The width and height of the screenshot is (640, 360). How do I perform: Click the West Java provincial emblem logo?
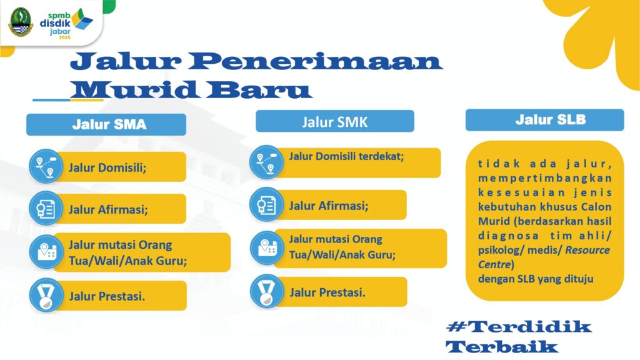tap(21, 22)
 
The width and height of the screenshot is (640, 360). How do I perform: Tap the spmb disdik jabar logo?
tap(66, 24)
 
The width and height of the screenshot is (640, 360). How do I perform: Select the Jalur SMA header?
tap(106, 124)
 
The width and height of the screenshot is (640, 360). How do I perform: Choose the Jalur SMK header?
tap(335, 122)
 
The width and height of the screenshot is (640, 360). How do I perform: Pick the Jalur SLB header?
tap(544, 120)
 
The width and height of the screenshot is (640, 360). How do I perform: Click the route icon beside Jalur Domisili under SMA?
tap(46, 166)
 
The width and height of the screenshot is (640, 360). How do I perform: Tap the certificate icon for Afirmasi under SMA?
tap(46, 209)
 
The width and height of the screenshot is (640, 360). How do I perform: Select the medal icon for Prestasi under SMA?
tap(46, 295)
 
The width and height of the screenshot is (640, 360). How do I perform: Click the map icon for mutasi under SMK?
tap(266, 247)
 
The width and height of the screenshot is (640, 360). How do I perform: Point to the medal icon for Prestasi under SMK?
tap(267, 291)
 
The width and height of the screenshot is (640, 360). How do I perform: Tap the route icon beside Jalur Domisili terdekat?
tap(266, 162)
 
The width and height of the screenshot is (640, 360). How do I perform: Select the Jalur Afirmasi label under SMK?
tap(329, 206)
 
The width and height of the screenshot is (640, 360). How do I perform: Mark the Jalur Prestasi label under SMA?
tap(107, 296)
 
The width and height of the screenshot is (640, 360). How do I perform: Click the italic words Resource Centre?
tap(544, 257)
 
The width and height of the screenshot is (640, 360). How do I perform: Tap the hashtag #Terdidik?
tap(519, 326)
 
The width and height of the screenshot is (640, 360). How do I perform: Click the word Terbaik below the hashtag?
tap(502, 347)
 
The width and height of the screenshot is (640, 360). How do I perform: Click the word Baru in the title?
tap(258, 90)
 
